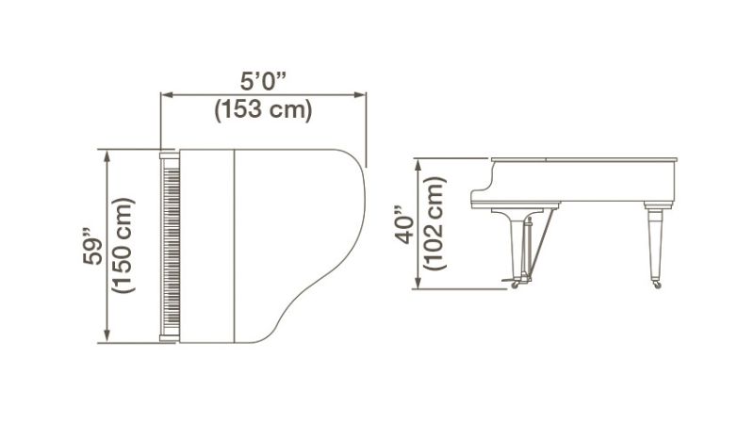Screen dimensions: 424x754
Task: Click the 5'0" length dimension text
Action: tap(261, 81)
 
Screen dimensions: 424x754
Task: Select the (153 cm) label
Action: tap(262, 110)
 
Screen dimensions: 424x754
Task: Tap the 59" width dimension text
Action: tap(91, 247)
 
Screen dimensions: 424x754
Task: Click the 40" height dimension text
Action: tap(405, 223)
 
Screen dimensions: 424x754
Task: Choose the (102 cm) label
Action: tap(434, 223)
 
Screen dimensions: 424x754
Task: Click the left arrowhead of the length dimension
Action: tap(166, 94)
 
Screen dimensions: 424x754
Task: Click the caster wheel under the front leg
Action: tap(515, 283)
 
